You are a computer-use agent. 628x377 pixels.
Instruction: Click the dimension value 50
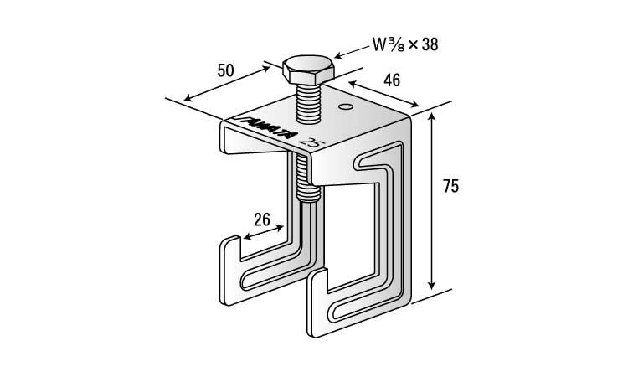tap(225, 70)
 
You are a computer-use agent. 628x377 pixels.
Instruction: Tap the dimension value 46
tap(392, 80)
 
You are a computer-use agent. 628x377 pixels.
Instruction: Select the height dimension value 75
tap(451, 187)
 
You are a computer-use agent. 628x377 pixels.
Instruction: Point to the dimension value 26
tap(261, 220)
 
